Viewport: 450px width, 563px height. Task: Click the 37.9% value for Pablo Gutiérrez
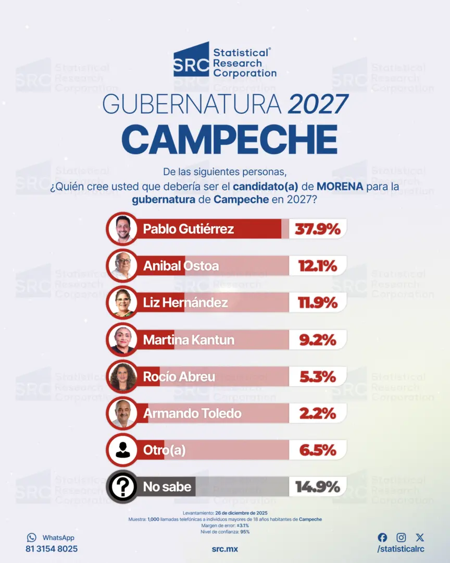(x=318, y=229)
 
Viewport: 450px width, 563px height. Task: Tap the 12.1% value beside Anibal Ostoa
(x=318, y=266)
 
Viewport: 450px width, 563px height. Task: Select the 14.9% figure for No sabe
(x=318, y=487)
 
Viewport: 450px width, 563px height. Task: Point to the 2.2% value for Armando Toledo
(x=318, y=413)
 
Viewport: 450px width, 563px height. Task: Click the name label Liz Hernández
(x=185, y=303)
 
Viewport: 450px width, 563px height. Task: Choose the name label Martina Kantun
(x=189, y=340)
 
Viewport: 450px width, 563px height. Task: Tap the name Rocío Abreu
(x=179, y=377)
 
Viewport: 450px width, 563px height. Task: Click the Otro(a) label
(x=165, y=450)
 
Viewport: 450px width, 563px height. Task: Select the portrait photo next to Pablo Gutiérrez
(x=123, y=229)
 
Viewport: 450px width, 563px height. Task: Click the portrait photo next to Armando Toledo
(x=123, y=413)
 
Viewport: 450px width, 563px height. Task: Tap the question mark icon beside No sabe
(x=123, y=487)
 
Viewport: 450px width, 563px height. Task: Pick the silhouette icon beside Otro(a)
(x=123, y=450)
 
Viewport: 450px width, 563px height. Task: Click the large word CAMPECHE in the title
(x=230, y=139)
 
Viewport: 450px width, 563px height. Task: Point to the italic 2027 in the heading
(x=318, y=104)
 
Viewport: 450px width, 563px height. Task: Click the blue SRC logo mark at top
(x=191, y=59)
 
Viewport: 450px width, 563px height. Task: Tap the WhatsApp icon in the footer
(x=32, y=537)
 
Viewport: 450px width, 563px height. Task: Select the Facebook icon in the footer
(x=382, y=537)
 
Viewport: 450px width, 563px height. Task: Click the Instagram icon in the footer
(x=401, y=537)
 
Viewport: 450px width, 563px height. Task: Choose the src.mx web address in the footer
(x=225, y=549)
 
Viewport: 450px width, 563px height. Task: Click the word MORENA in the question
(x=340, y=187)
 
